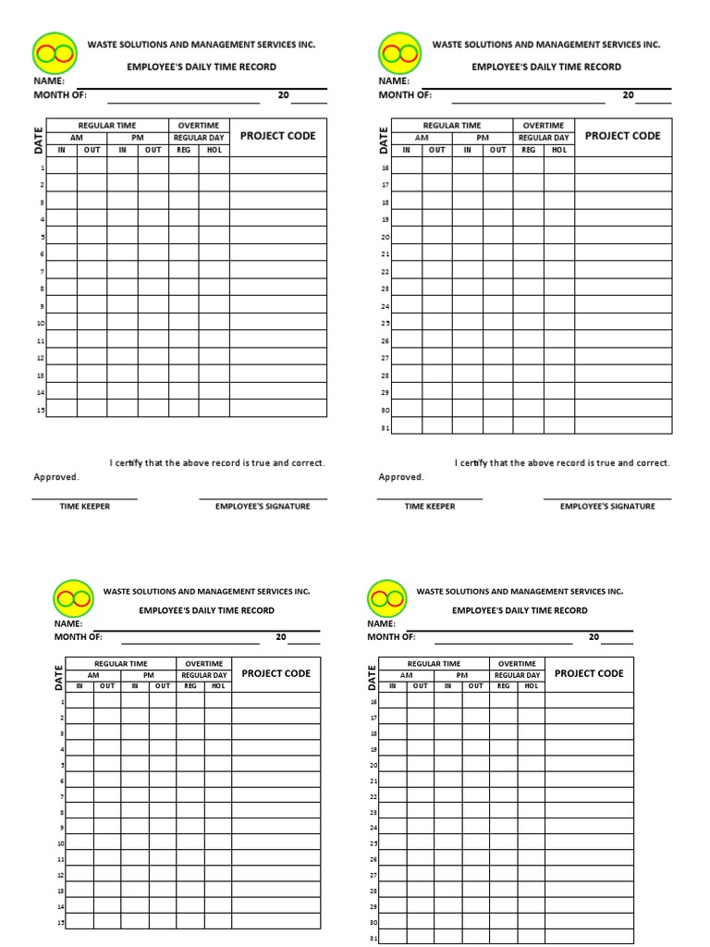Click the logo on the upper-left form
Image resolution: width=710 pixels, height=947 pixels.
54,55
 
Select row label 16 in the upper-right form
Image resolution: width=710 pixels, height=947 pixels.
386,168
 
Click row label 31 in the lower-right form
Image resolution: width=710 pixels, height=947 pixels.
373,939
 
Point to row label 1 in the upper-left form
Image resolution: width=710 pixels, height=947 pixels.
43,168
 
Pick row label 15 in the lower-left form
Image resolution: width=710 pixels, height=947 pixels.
61,922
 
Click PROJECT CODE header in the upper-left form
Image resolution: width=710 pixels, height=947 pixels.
277,136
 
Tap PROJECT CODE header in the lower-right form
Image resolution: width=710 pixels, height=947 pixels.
589,673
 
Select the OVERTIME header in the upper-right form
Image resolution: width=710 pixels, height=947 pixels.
543,125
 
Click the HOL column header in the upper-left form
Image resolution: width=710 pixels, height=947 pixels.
214,150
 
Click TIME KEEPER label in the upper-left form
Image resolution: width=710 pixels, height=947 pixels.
84,506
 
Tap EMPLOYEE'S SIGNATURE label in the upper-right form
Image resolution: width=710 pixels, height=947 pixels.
607,506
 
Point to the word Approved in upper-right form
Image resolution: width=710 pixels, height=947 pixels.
400,477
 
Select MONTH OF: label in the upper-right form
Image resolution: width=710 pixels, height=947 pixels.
405,94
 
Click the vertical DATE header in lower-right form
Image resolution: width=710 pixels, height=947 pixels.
373,678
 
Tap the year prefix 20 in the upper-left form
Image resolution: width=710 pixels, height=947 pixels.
284,94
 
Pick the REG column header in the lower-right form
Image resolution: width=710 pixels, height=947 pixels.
504,686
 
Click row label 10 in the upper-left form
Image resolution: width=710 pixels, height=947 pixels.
41,324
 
